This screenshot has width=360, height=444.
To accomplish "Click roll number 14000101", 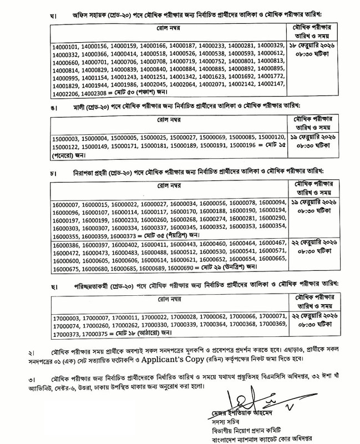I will (x=66, y=46).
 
